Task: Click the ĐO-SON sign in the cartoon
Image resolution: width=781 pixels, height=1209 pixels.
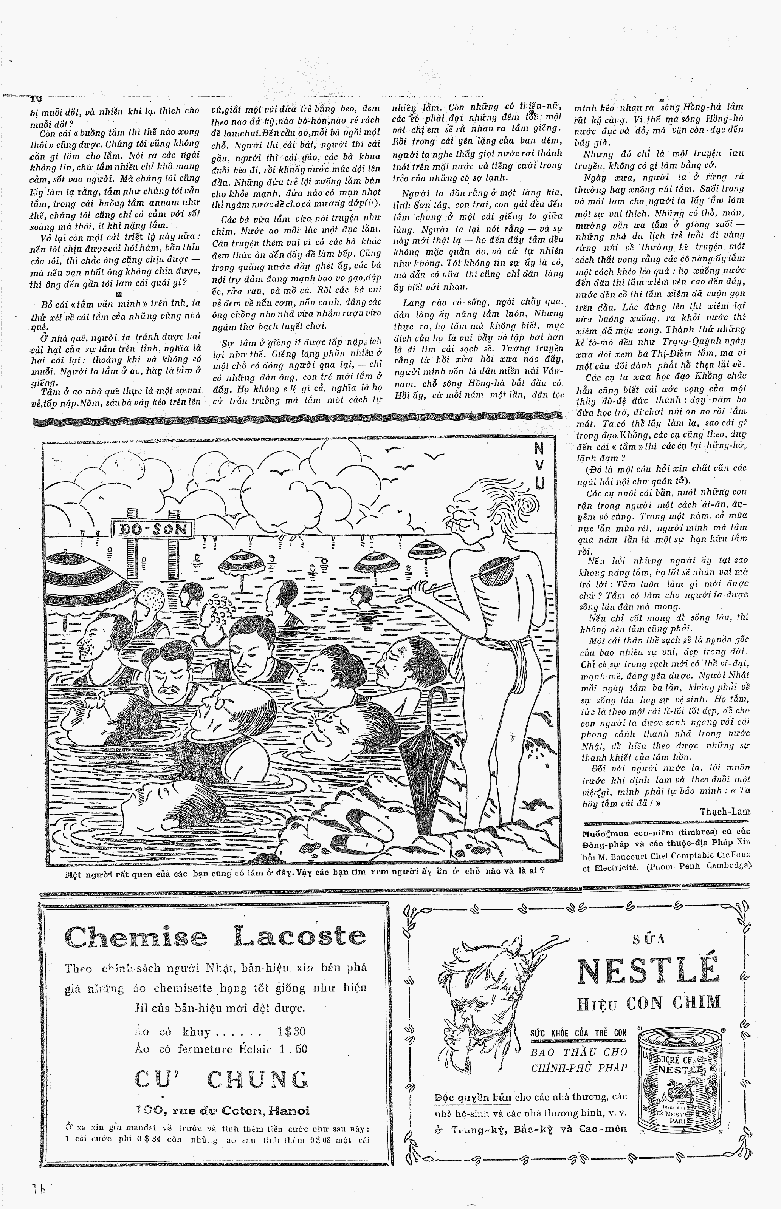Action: [152, 530]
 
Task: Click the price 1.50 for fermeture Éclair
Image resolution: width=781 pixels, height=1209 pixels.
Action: [293, 1048]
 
